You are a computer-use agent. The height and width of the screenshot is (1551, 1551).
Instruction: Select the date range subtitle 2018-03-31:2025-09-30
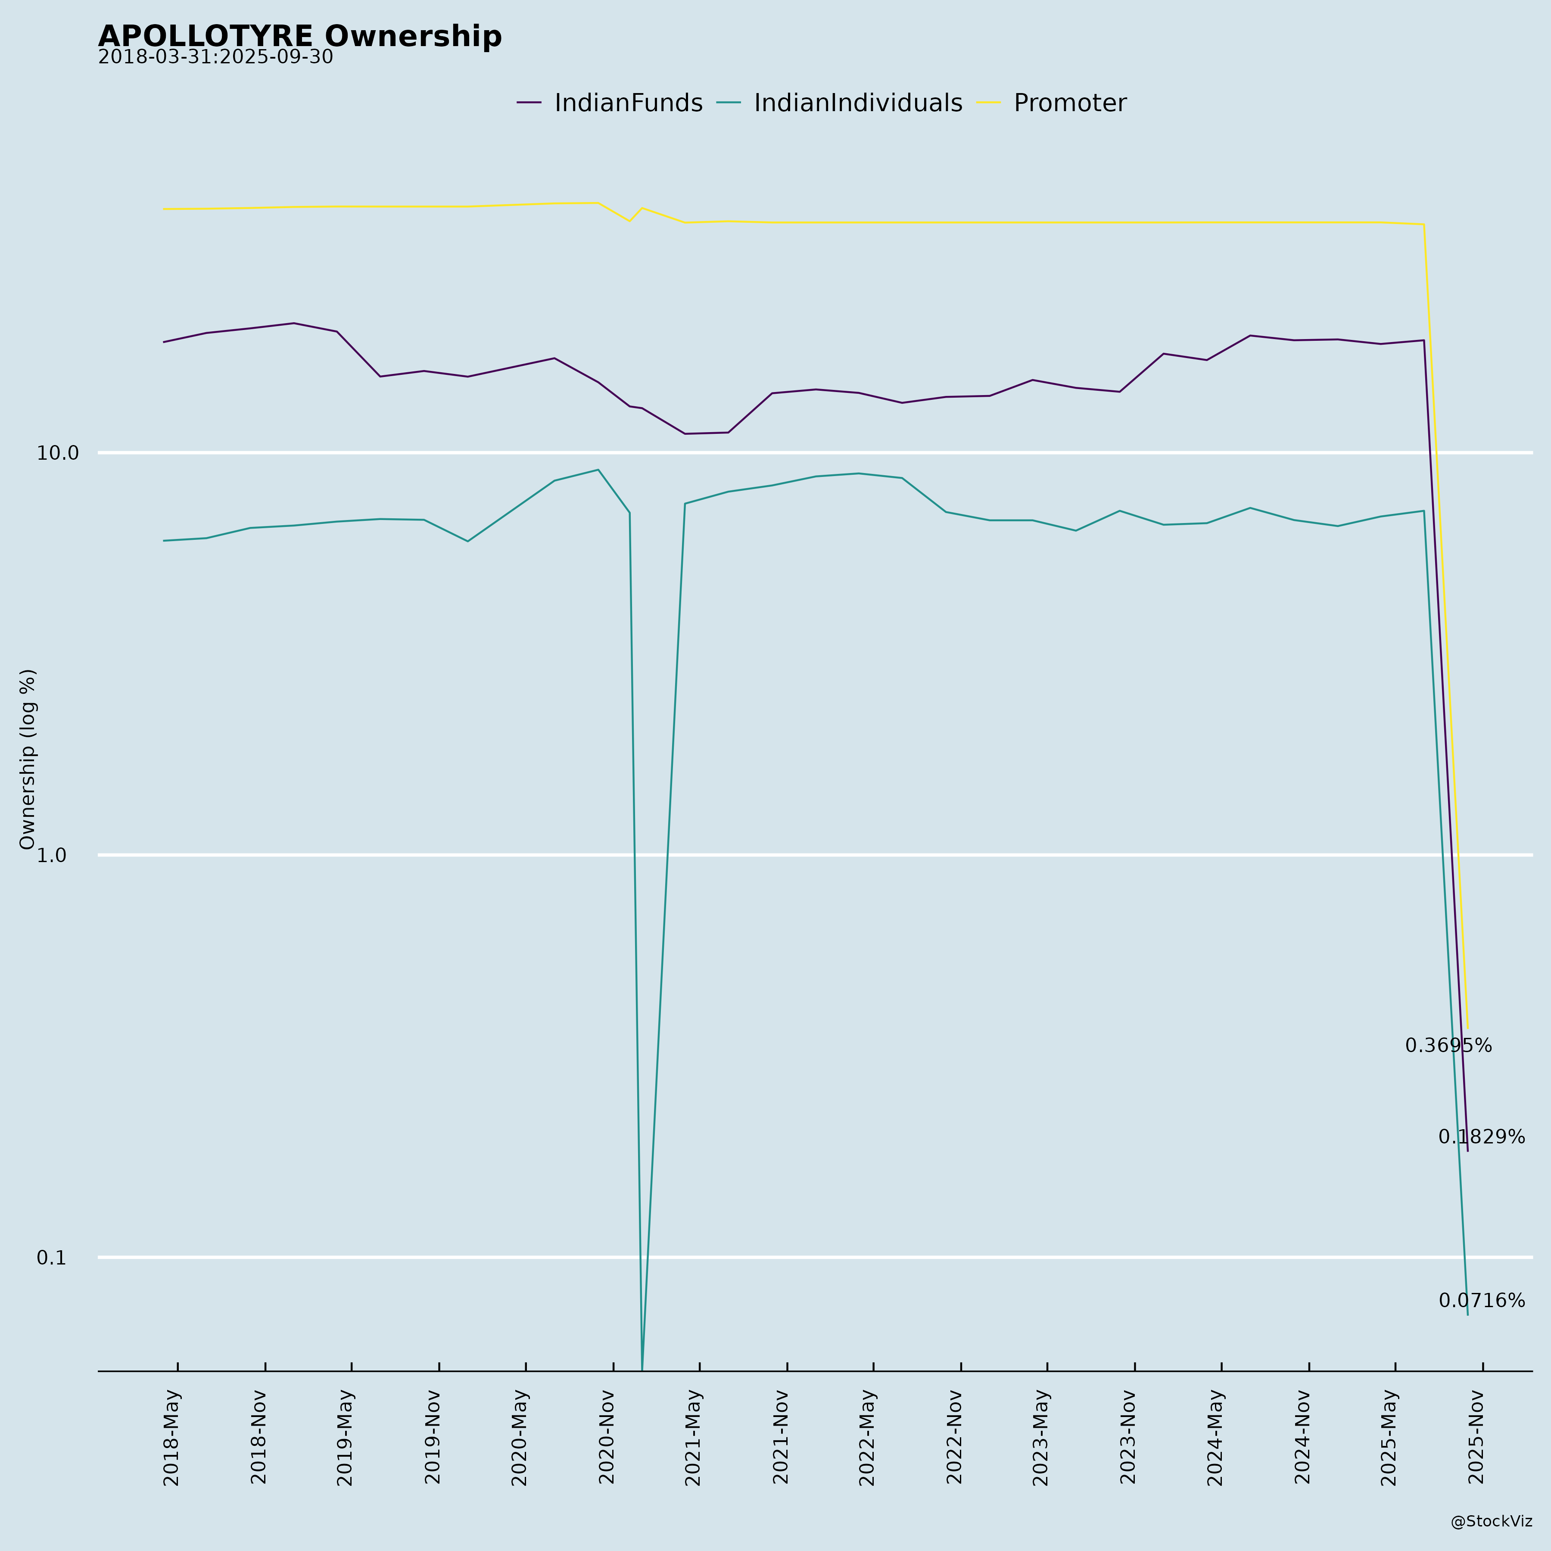215,58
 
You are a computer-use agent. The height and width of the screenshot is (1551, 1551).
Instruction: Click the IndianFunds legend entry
628,103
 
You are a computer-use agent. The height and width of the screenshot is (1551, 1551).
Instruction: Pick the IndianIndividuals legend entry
857,103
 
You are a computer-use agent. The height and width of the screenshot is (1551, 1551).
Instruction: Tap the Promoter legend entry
1069,103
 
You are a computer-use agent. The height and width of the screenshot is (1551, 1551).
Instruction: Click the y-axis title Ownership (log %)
28,759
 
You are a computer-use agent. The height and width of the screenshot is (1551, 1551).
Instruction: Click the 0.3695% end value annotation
1448,1046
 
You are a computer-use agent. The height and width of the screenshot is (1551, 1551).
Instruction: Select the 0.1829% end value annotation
1481,1137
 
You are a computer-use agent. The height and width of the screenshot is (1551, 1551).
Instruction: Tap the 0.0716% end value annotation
1481,1301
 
